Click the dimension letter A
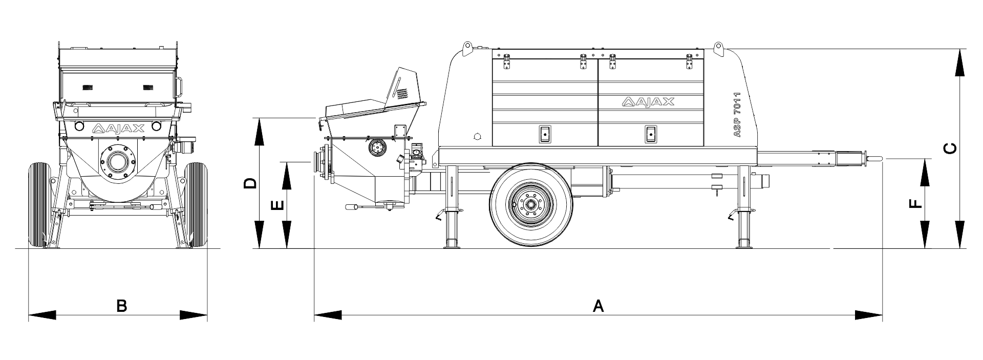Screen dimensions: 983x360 point(598,306)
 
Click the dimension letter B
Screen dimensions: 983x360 point(121,306)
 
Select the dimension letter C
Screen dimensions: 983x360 point(949,149)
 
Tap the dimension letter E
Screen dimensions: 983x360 point(276,205)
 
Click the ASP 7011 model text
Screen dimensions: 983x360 point(737,114)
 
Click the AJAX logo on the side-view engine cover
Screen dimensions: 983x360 point(648,102)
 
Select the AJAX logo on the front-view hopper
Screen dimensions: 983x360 point(118,129)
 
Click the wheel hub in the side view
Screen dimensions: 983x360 point(530,204)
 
